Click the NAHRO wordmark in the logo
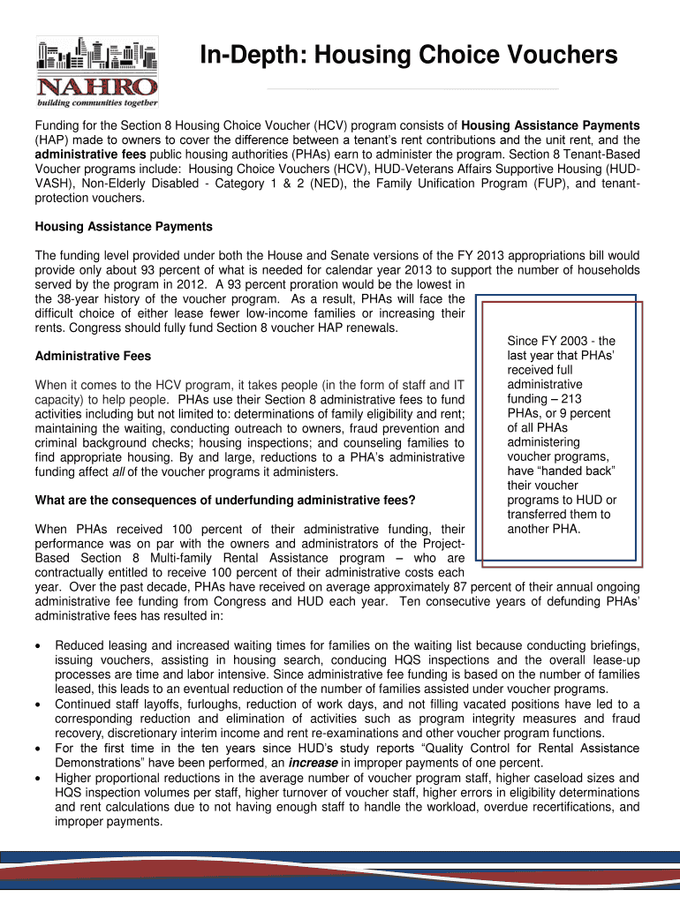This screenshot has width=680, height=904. [97, 86]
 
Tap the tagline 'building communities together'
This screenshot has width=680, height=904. [97, 102]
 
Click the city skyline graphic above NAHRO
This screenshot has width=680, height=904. [97, 55]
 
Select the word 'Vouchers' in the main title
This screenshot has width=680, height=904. [555, 56]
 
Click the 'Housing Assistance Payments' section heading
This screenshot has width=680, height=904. [123, 227]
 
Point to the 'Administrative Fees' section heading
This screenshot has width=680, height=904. [92, 357]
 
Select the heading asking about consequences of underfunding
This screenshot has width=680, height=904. [224, 501]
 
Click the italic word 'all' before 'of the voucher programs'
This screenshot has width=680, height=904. [118, 472]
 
